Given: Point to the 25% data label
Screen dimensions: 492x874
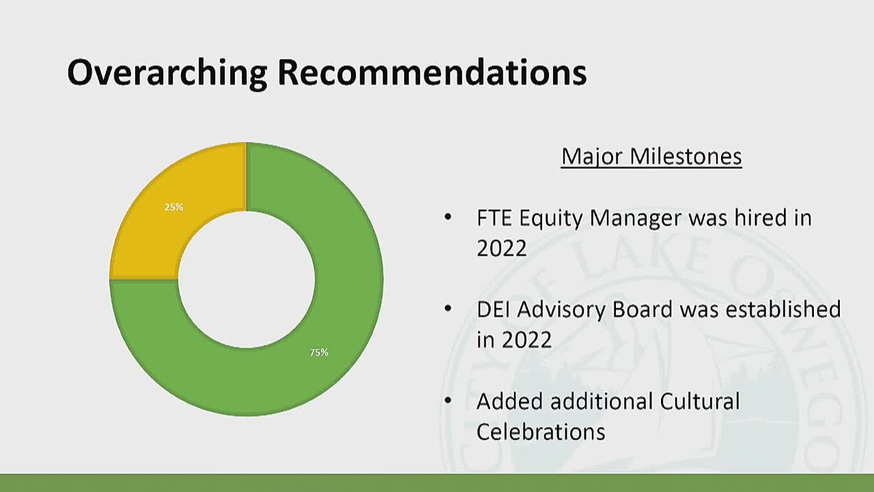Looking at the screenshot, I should [x=173, y=206].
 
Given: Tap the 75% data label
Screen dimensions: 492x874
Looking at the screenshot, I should [x=319, y=353].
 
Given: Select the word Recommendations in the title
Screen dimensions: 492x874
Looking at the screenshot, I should [x=432, y=72].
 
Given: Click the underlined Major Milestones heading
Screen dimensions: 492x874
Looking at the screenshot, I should [x=651, y=156].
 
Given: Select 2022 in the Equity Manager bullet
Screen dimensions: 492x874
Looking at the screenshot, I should [x=501, y=248].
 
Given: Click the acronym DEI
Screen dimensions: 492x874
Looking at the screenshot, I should [x=494, y=310].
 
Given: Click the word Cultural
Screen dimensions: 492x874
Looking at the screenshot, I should [x=699, y=401].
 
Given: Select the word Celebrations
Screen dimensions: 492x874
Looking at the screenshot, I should [x=540, y=432].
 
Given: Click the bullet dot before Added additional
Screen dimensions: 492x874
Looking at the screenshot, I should [x=448, y=400].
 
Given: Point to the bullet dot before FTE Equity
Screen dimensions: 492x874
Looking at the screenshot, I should [x=448, y=217].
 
